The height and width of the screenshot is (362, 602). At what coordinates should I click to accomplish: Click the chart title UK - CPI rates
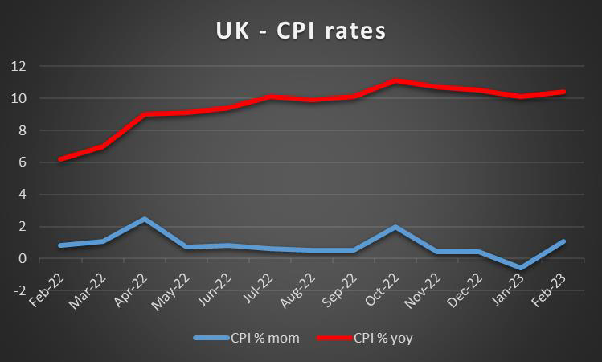click(301, 31)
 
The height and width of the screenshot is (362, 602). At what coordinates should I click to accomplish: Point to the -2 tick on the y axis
click(17, 291)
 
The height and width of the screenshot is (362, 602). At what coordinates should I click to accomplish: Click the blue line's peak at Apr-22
click(143, 219)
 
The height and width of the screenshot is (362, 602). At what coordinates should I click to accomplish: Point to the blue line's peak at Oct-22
click(395, 227)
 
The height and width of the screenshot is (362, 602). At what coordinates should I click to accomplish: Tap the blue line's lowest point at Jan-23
click(522, 268)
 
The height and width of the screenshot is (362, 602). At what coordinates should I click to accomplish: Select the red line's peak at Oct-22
click(395, 80)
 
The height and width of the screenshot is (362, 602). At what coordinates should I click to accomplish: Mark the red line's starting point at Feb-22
click(60, 159)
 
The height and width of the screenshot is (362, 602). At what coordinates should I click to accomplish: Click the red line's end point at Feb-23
click(564, 92)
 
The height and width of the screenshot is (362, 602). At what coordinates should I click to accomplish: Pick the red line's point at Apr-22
click(143, 114)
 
